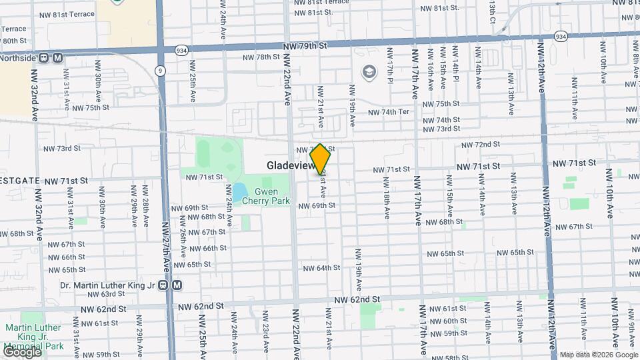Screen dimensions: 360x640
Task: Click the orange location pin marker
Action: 321,159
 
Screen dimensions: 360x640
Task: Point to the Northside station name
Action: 18,57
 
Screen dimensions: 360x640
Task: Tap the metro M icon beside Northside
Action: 58,57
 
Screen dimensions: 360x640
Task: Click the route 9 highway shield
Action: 161,70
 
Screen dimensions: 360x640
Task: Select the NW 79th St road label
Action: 306,46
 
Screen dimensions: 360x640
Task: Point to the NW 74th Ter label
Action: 389,112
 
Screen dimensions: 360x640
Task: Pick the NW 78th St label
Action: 261,57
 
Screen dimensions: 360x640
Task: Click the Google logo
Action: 22,351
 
